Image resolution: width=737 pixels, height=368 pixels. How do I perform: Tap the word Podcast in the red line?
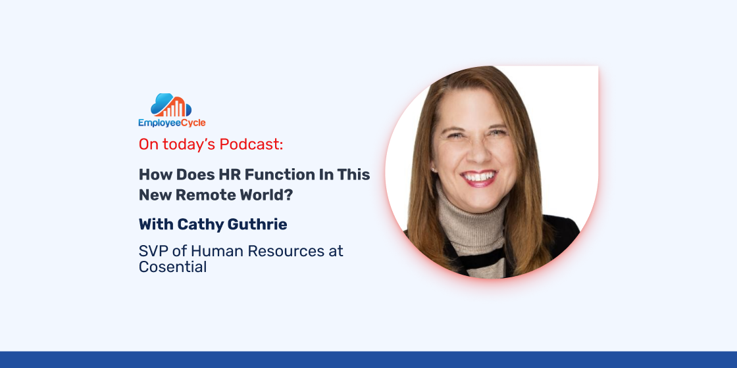(251, 145)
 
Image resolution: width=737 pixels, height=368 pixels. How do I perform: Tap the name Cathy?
(194, 225)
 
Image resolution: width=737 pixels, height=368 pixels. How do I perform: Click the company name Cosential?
(172, 267)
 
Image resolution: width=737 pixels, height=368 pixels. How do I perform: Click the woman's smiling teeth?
(479, 177)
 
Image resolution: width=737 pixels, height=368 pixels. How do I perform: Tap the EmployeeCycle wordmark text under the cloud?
(172, 123)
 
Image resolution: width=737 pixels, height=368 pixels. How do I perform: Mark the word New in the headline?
(155, 195)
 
